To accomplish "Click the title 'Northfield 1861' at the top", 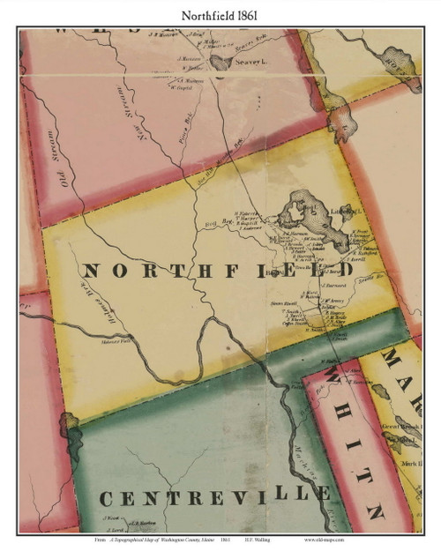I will [x=220, y=12].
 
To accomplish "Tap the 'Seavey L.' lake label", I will [x=250, y=62].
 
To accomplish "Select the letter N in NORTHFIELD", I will [x=88, y=271].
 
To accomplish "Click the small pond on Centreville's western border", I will [x=70, y=430].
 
